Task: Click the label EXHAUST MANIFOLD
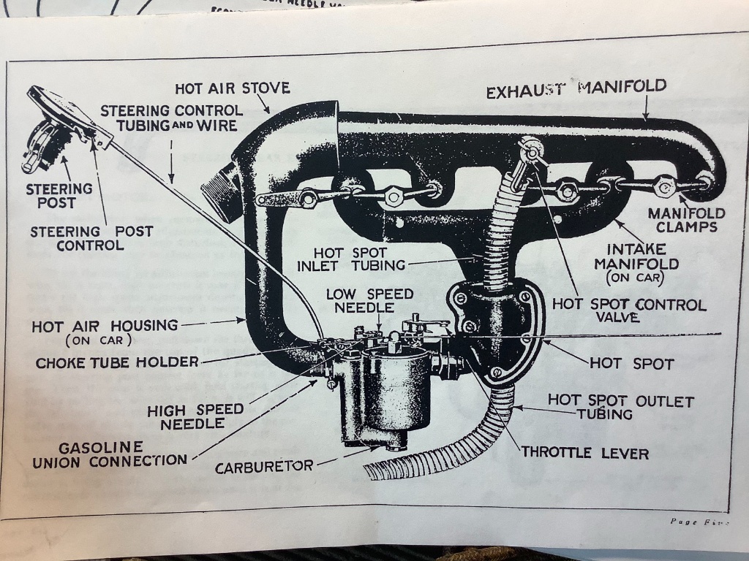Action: coord(576,89)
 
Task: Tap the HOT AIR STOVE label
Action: coord(232,88)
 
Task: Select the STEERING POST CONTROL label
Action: coord(91,238)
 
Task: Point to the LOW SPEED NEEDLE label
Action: coord(369,301)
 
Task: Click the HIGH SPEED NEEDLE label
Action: coord(184,417)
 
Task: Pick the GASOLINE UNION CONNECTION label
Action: coord(110,454)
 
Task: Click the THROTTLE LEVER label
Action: coord(584,453)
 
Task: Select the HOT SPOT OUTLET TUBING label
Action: coord(620,408)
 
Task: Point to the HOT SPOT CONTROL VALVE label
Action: coord(628,310)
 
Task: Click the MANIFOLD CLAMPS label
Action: coord(685,221)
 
